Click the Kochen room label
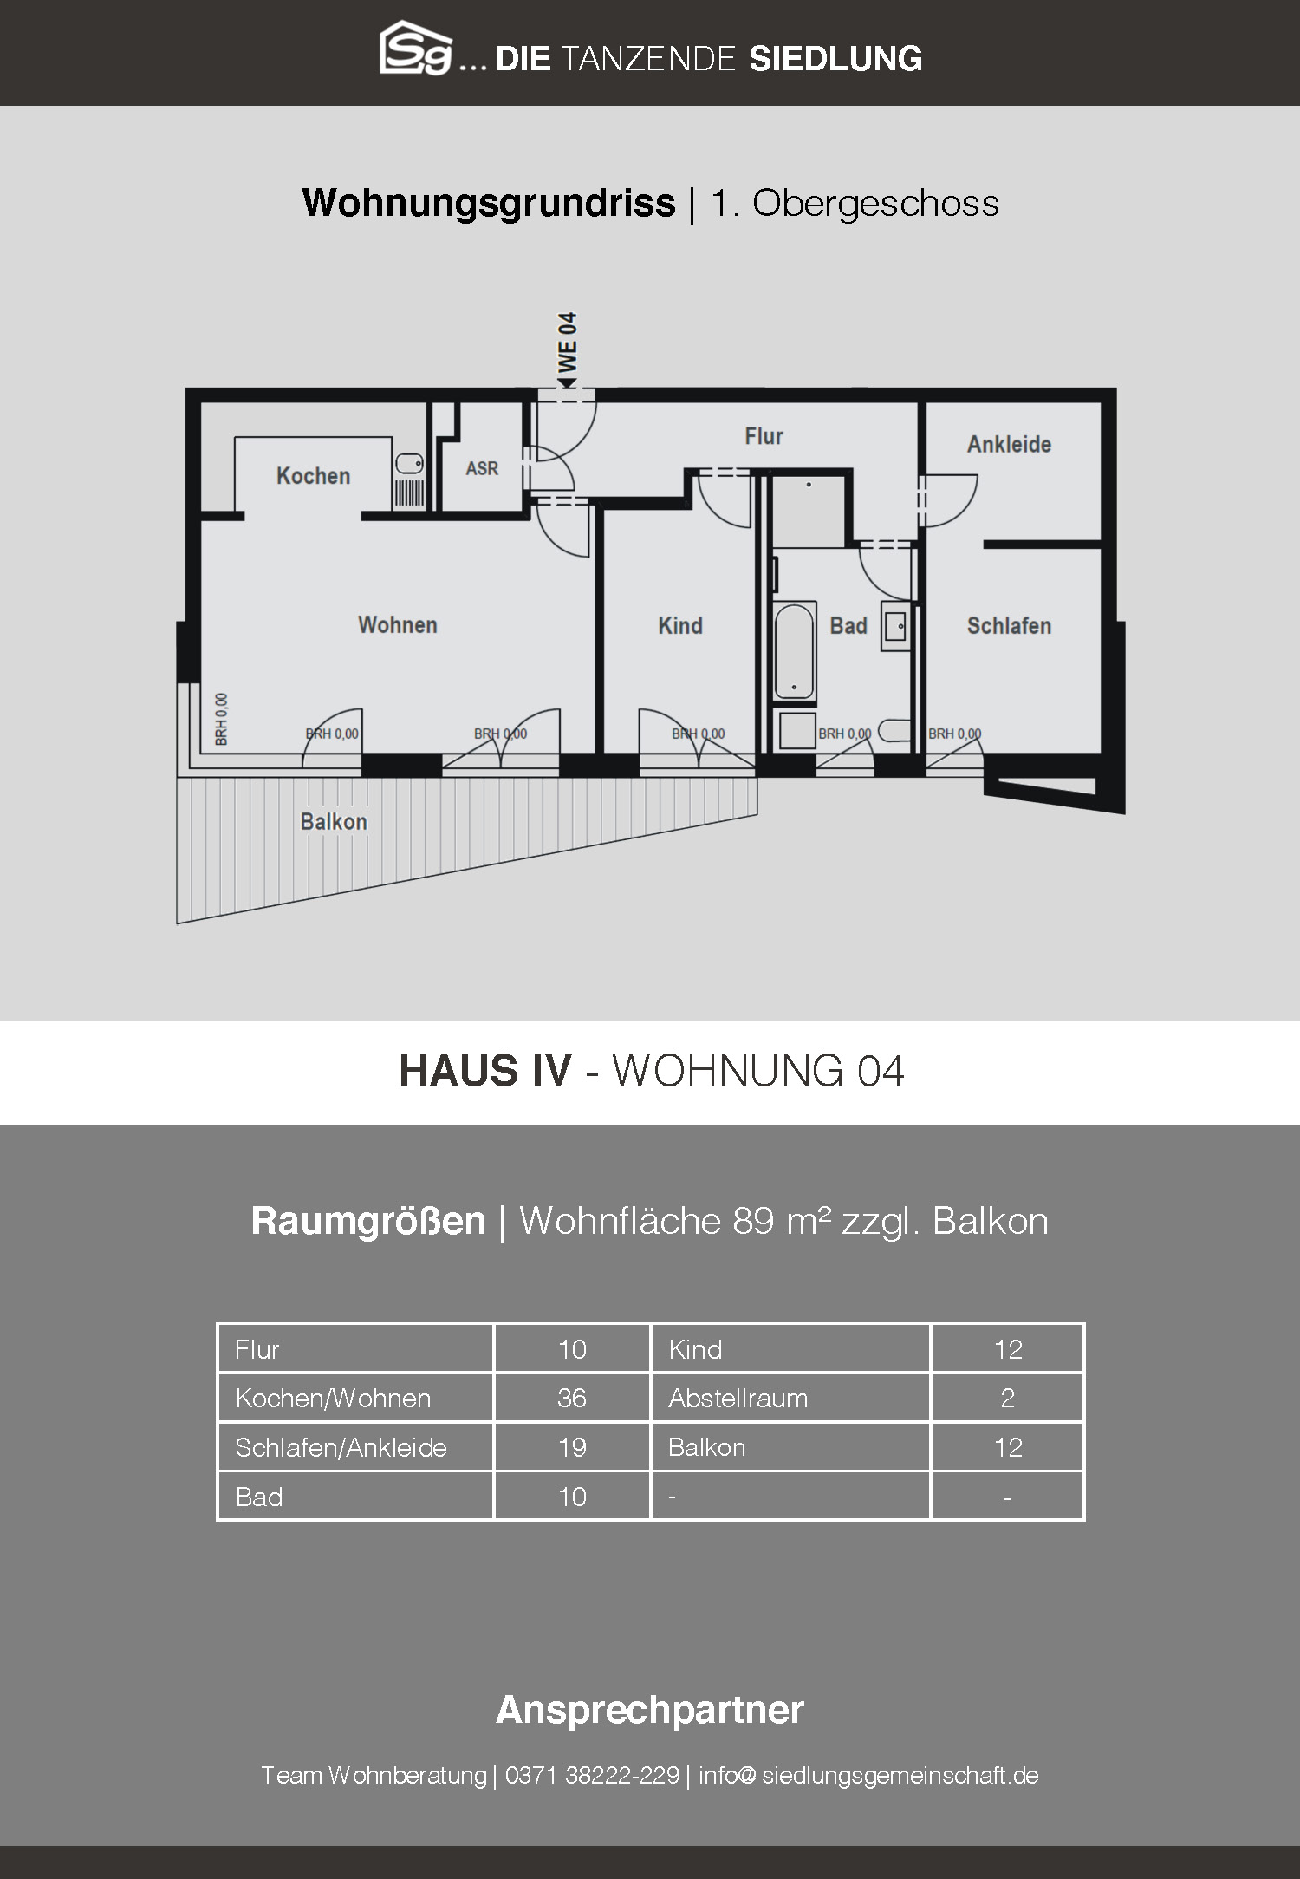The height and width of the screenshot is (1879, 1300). click(x=313, y=476)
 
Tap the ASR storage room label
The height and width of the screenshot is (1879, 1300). click(x=482, y=468)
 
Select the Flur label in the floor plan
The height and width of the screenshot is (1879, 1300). click(x=764, y=436)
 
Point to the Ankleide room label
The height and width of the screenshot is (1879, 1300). click(x=1009, y=444)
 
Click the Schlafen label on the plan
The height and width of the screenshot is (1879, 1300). click(x=1009, y=626)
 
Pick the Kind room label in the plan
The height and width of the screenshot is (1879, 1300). click(x=680, y=626)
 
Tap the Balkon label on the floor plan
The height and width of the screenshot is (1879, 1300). click(x=334, y=822)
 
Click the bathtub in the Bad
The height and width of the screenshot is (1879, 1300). click(x=794, y=650)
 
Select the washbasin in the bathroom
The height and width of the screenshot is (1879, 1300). click(x=895, y=625)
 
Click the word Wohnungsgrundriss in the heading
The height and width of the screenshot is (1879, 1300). click(x=489, y=204)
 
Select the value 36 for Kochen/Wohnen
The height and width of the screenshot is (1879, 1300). click(x=572, y=1398)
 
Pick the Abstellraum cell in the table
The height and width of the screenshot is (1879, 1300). click(x=738, y=1398)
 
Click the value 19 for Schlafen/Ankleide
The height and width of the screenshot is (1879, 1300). click(x=572, y=1447)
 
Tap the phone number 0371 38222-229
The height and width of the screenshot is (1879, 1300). click(x=592, y=1775)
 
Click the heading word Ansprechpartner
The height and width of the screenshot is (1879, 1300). click(x=650, y=1710)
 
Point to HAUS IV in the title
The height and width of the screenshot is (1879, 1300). click(x=485, y=1071)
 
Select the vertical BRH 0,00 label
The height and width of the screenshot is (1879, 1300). click(x=222, y=720)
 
